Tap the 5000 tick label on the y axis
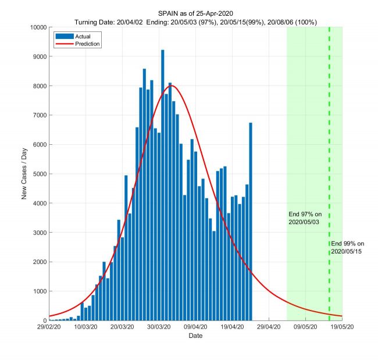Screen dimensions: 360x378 pyautogui.click(x=40, y=174)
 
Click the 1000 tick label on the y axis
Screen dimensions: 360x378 pyautogui.click(x=40, y=291)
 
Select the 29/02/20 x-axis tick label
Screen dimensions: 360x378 pyautogui.click(x=49, y=328)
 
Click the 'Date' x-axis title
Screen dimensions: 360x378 pyautogui.click(x=195, y=337)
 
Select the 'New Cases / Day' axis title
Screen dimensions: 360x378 pyautogui.click(x=25, y=174)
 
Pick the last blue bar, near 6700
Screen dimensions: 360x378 pyautogui.click(x=251, y=221)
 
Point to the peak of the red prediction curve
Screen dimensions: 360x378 pyautogui.click(x=172, y=86)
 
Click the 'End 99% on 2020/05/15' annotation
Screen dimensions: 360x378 pyautogui.click(x=348, y=247)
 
